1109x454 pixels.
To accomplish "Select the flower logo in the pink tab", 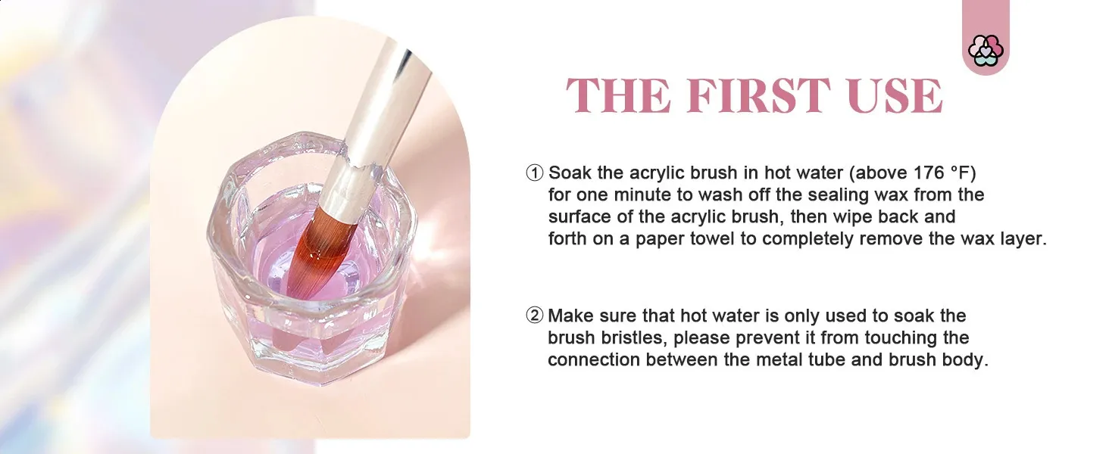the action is click(986, 51).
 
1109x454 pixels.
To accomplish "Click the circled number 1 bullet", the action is click(535, 173).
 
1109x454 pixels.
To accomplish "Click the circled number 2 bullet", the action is click(535, 316).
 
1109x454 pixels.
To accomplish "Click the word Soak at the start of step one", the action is click(570, 173).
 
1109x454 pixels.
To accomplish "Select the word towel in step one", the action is click(712, 238).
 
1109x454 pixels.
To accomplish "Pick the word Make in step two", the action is click(570, 316).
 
